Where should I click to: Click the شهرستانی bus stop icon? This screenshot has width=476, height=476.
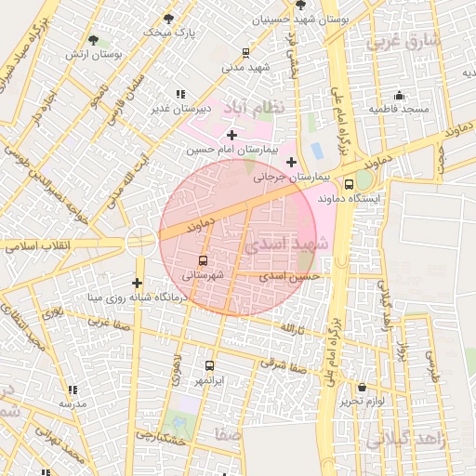[x=204, y=259]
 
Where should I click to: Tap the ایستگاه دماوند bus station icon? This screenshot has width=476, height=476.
[x=349, y=184]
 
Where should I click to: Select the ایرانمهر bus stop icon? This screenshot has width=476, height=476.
[x=208, y=366]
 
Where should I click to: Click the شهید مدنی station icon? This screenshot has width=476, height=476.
[x=245, y=53]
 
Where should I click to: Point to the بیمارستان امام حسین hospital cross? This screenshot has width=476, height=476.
[x=231, y=136]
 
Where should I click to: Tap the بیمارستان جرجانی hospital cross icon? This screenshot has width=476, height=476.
[x=291, y=162]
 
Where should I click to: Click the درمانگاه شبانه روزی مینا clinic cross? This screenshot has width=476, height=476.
[x=138, y=283]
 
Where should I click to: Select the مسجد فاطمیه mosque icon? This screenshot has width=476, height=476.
[x=400, y=95]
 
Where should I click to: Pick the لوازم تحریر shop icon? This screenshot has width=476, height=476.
[x=362, y=387]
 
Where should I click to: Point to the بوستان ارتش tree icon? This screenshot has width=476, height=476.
[x=94, y=39]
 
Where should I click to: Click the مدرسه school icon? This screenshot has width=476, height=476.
[x=73, y=390]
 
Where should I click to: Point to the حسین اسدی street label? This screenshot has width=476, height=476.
[x=290, y=276]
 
